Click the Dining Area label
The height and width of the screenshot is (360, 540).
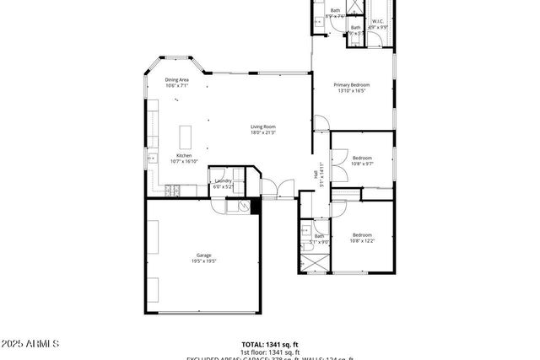pyautogui.click(x=176, y=79)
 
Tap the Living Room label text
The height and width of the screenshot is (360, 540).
pyautogui.click(x=263, y=126)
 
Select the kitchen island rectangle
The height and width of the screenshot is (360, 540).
pyautogui.click(x=186, y=136)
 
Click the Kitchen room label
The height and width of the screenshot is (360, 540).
pyautogui.click(x=183, y=155)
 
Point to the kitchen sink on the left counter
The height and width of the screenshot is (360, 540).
pyautogui.click(x=154, y=158)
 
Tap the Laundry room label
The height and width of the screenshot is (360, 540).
pyautogui.click(x=224, y=180)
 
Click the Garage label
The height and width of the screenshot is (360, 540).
pyautogui.click(x=203, y=255)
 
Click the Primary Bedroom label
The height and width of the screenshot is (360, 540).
pyautogui.click(x=352, y=84)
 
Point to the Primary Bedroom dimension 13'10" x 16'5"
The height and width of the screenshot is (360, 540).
pyautogui.click(x=352, y=90)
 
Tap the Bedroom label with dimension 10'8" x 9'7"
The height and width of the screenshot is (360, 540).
pyautogui.click(x=362, y=158)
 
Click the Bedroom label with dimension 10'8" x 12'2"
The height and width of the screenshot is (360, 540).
pyautogui.click(x=362, y=234)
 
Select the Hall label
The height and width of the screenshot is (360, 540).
pyautogui.click(x=316, y=175)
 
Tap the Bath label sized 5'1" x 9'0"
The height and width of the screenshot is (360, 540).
pyautogui.click(x=319, y=236)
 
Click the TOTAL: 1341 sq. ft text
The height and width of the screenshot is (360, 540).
pyautogui.click(x=270, y=344)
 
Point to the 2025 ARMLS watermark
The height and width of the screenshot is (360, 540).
pyautogui.click(x=30, y=344)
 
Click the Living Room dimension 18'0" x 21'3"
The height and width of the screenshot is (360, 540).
pyautogui.click(x=263, y=132)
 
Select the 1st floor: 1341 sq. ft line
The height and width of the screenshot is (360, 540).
pyautogui.click(x=270, y=352)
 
